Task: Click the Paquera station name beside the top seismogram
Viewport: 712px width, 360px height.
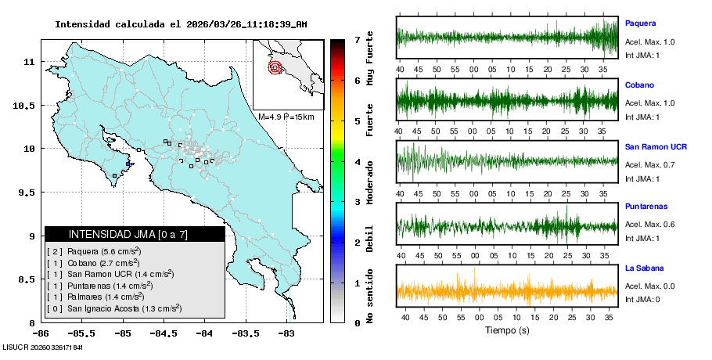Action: [x=639, y=23]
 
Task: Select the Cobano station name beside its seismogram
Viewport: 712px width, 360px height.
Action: [x=639, y=85]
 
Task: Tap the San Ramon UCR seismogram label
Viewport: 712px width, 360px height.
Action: [x=656, y=146]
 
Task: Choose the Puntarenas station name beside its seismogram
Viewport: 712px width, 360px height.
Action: [x=645, y=207]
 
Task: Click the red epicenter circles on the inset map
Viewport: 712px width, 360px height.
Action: [x=275, y=67]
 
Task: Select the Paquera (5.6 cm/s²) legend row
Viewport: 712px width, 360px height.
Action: [x=94, y=251]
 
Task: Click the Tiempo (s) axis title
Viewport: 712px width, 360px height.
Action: [x=506, y=330]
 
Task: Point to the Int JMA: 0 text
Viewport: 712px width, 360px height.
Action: [x=642, y=300]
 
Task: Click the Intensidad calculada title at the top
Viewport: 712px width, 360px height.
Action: [x=181, y=24]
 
